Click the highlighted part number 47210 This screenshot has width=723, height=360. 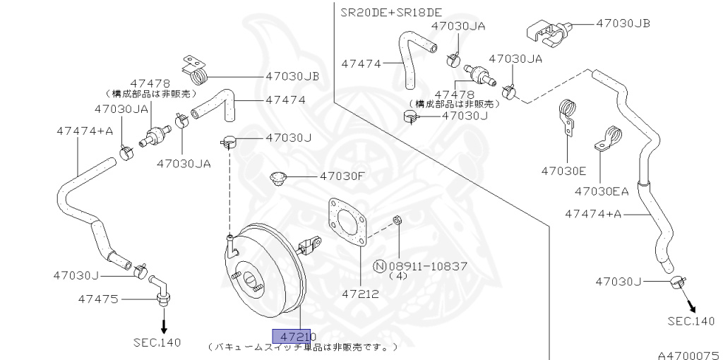(x=296, y=337)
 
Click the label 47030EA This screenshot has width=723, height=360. (x=601, y=191)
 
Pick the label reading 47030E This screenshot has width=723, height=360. (x=563, y=171)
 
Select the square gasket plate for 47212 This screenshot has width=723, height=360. (x=346, y=224)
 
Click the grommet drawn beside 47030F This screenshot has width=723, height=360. (x=279, y=179)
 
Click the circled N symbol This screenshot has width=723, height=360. (x=380, y=266)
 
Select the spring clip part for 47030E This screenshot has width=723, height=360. (x=568, y=116)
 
